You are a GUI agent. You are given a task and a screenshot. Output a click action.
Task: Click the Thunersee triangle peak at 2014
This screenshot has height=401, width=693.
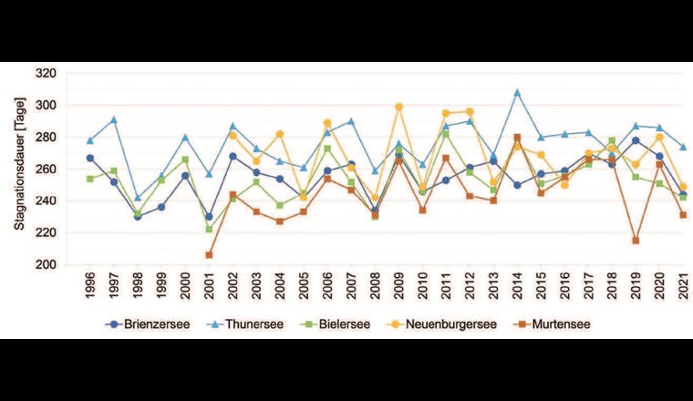click(517, 92)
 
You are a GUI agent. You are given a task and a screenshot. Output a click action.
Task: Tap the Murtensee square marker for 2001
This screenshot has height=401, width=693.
click(209, 255)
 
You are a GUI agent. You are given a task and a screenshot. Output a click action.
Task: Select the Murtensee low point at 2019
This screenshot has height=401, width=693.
click(636, 241)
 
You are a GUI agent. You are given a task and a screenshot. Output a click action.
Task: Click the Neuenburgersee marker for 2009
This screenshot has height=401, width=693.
click(398, 107)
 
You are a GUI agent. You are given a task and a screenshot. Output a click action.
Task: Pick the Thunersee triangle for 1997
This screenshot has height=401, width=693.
click(114, 119)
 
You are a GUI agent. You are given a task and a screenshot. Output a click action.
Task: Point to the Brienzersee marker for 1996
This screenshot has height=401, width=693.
click(90, 158)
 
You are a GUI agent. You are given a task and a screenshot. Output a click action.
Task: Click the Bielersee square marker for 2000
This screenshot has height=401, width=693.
click(185, 159)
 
